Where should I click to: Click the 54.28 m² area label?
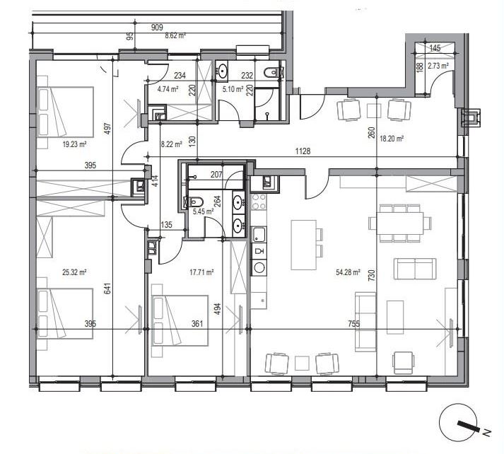click(x=348, y=273)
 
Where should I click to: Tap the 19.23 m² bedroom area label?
click(x=74, y=144)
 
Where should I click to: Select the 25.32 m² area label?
click(x=74, y=273)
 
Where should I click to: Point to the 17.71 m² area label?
click(x=201, y=273)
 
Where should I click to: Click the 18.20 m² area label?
click(x=392, y=139)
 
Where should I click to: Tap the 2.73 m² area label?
click(x=438, y=66)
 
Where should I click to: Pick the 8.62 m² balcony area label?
click(x=175, y=35)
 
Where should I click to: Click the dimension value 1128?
click(x=303, y=151)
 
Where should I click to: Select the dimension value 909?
click(x=157, y=28)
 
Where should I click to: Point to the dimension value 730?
click(x=371, y=276)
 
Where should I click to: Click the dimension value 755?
click(x=354, y=324)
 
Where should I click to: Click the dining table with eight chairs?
click(x=400, y=223)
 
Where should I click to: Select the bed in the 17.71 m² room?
click(x=180, y=320)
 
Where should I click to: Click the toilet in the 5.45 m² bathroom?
click(x=193, y=202)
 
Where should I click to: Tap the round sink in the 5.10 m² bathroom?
click(x=222, y=70)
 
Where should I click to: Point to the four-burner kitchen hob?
click(x=259, y=202)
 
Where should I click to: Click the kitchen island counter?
click(x=304, y=245)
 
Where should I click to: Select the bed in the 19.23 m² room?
click(x=65, y=112)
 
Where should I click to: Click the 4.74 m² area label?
click(x=168, y=89)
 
